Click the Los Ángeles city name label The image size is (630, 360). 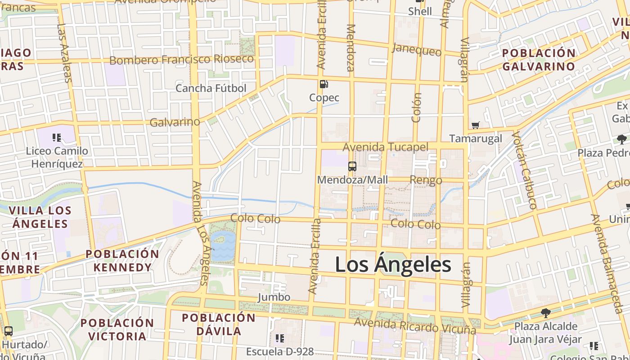(393, 265)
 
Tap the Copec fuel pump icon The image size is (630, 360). (323, 84)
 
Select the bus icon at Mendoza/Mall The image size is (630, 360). (352, 166)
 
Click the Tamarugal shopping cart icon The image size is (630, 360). (475, 125)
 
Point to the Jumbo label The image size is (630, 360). (274, 297)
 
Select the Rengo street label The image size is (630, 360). (426, 180)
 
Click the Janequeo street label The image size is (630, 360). (417, 49)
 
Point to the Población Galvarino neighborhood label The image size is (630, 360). (538, 60)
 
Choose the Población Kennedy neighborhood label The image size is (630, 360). (122, 261)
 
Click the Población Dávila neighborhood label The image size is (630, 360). (218, 324)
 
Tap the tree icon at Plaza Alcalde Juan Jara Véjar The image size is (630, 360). (545, 313)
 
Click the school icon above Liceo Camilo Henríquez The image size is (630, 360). (56, 137)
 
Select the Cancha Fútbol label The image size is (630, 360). (211, 88)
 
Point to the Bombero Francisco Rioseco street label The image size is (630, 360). (181, 60)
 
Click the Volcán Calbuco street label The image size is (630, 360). (524, 170)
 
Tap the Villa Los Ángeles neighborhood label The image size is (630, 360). (40, 217)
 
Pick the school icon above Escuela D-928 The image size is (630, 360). (279, 338)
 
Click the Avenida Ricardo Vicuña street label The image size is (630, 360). (414, 325)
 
